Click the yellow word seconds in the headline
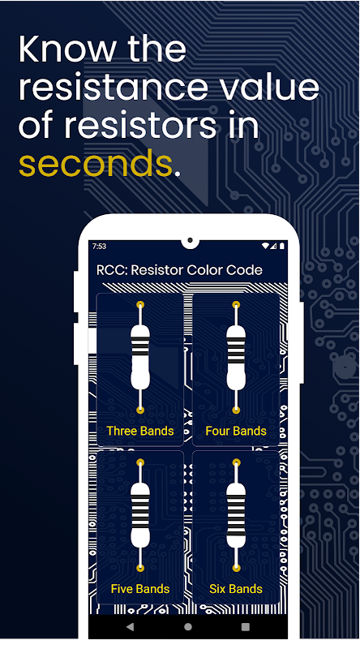(95, 164)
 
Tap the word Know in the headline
(67, 49)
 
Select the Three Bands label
(139, 431)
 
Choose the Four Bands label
(236, 431)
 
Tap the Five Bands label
(139, 589)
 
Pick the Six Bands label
(236, 589)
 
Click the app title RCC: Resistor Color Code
(179, 270)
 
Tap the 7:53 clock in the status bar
(99, 247)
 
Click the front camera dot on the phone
(190, 240)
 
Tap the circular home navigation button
(188, 626)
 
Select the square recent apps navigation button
(246, 626)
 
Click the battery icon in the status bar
(282, 246)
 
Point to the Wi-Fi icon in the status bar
(265, 246)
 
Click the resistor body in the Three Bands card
(140, 358)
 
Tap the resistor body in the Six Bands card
(236, 516)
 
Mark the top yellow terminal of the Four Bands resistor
(236, 305)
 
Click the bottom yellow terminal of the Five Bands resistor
(140, 568)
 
